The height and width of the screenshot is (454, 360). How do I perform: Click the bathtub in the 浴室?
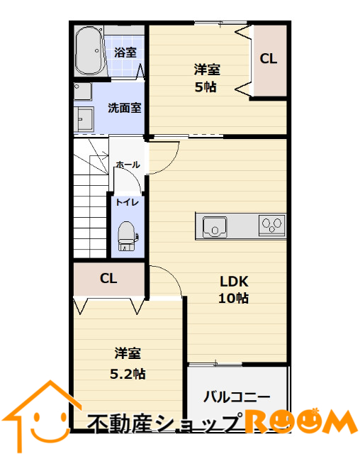(x=89, y=51)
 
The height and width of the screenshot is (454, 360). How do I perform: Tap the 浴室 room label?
(x=125, y=52)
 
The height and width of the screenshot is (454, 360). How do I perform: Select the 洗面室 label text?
(x=124, y=108)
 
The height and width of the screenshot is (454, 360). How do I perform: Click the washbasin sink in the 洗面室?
(x=84, y=119)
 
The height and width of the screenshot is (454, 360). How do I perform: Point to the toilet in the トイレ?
(x=127, y=236)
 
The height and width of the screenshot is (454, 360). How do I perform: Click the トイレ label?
(x=128, y=202)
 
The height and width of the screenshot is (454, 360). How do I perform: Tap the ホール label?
(x=128, y=165)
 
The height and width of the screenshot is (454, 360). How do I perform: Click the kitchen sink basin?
(x=215, y=227)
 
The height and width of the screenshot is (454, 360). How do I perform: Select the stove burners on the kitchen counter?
(x=272, y=225)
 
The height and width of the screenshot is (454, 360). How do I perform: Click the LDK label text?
(x=234, y=282)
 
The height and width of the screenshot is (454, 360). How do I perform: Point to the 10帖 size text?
(x=233, y=298)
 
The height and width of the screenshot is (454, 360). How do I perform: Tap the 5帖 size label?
(x=206, y=87)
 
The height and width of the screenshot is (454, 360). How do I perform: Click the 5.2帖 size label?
(x=128, y=374)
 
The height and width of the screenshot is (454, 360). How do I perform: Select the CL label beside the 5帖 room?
(x=269, y=59)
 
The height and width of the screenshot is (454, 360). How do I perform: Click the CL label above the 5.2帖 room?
(x=108, y=279)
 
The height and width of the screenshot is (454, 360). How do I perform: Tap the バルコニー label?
(x=237, y=397)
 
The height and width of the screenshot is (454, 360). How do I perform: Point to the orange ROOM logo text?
(x=300, y=421)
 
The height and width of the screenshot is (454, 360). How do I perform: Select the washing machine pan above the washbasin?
(x=83, y=92)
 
